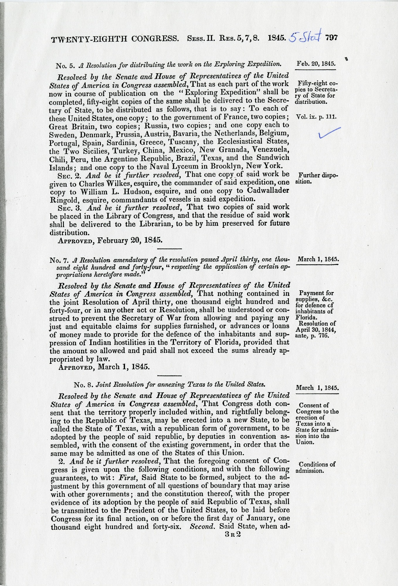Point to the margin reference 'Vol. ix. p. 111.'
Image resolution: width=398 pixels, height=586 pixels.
tap(316, 116)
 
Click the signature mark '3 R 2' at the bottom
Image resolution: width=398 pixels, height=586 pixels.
tap(232, 534)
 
